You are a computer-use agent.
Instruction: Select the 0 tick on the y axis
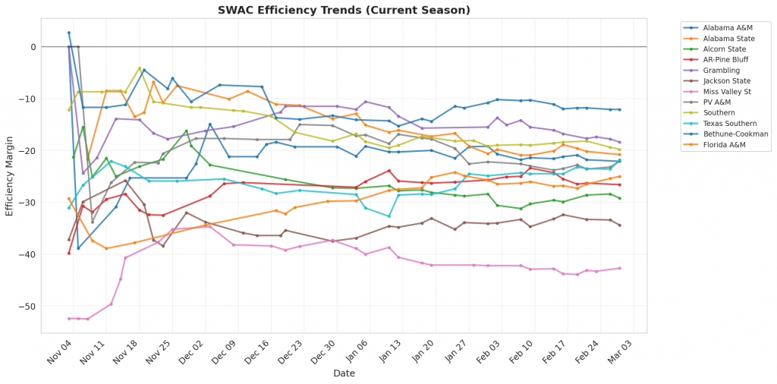33,47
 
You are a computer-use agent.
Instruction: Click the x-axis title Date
344,373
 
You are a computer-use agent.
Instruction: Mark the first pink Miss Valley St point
69,319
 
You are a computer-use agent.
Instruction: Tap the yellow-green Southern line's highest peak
140,68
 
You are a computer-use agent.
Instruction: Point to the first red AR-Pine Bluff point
69,253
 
